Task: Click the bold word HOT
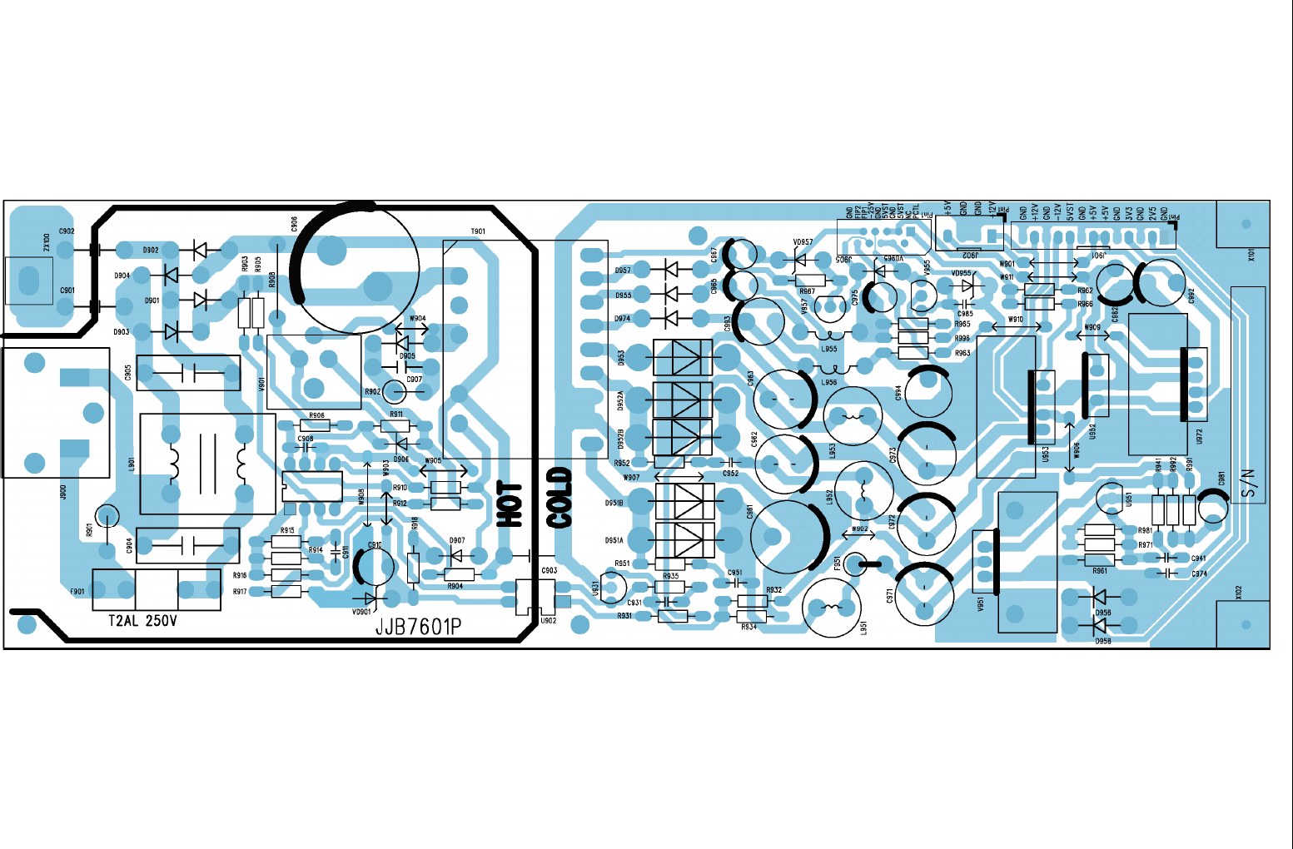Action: pyautogui.click(x=510, y=504)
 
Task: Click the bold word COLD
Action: pyautogui.click(x=559, y=498)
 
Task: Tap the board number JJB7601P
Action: pyautogui.click(x=418, y=627)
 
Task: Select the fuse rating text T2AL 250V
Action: pyautogui.click(x=142, y=621)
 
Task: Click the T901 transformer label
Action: pyautogui.click(x=478, y=231)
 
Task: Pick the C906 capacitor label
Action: pyautogui.click(x=294, y=224)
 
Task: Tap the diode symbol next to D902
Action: pyautogui.click(x=199, y=249)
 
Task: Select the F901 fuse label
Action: pyautogui.click(x=77, y=592)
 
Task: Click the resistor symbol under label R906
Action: pyautogui.click(x=316, y=425)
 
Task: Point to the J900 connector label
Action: pyautogui.click(x=63, y=492)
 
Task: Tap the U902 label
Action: pyautogui.click(x=548, y=620)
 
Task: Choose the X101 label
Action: pyautogui.click(x=1251, y=254)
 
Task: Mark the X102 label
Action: pyautogui.click(x=1238, y=592)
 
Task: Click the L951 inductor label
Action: pyautogui.click(x=863, y=628)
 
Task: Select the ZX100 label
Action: pyautogui.click(x=47, y=243)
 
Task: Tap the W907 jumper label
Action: pyautogui.click(x=631, y=478)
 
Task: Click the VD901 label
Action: pyautogui.click(x=361, y=612)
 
